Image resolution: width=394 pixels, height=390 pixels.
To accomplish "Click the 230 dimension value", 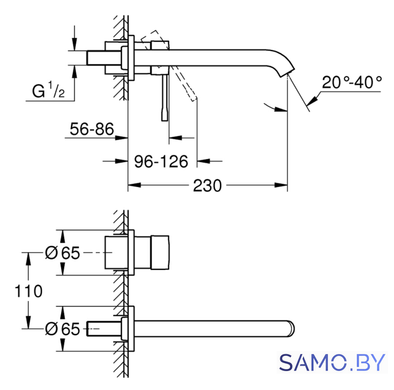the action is [x=207, y=186].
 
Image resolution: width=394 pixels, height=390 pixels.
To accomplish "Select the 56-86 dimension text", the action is [x=92, y=129].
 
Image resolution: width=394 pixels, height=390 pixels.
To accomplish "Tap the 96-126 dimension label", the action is [x=161, y=161].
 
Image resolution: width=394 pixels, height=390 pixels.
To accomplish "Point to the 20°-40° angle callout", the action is [x=352, y=82].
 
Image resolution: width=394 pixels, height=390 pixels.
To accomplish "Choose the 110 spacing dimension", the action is [x=28, y=291].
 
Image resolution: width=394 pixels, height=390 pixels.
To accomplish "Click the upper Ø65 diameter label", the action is [x=62, y=253].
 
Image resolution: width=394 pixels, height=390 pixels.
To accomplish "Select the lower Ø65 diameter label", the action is [x=62, y=329].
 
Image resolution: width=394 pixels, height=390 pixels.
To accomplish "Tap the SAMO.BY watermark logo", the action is [x=332, y=363].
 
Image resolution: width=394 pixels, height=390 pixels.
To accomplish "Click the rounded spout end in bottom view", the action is [x=291, y=328].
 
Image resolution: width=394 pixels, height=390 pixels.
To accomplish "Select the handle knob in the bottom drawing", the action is [x=160, y=253].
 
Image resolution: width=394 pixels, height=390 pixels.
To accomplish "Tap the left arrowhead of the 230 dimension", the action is [x=134, y=185].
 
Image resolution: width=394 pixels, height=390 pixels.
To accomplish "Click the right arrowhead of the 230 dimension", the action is [x=281, y=185].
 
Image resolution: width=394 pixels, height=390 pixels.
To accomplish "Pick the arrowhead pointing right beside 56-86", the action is [x=122, y=138].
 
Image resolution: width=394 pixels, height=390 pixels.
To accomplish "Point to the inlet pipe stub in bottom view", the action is [x=104, y=328].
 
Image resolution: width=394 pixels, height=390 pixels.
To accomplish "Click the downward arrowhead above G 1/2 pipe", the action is [x=75, y=44].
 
